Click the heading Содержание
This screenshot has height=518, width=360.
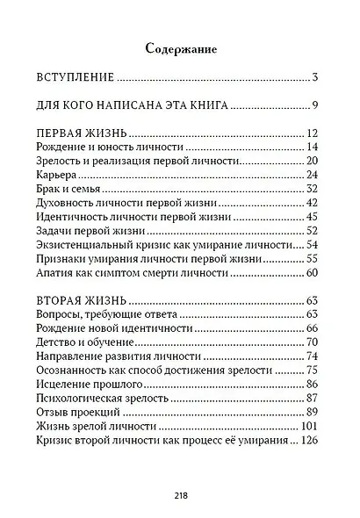pyautogui.click(x=180, y=48)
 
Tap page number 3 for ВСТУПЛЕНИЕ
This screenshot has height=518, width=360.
pyautogui.click(x=313, y=77)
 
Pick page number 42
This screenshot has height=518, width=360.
pyautogui.click(x=310, y=204)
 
